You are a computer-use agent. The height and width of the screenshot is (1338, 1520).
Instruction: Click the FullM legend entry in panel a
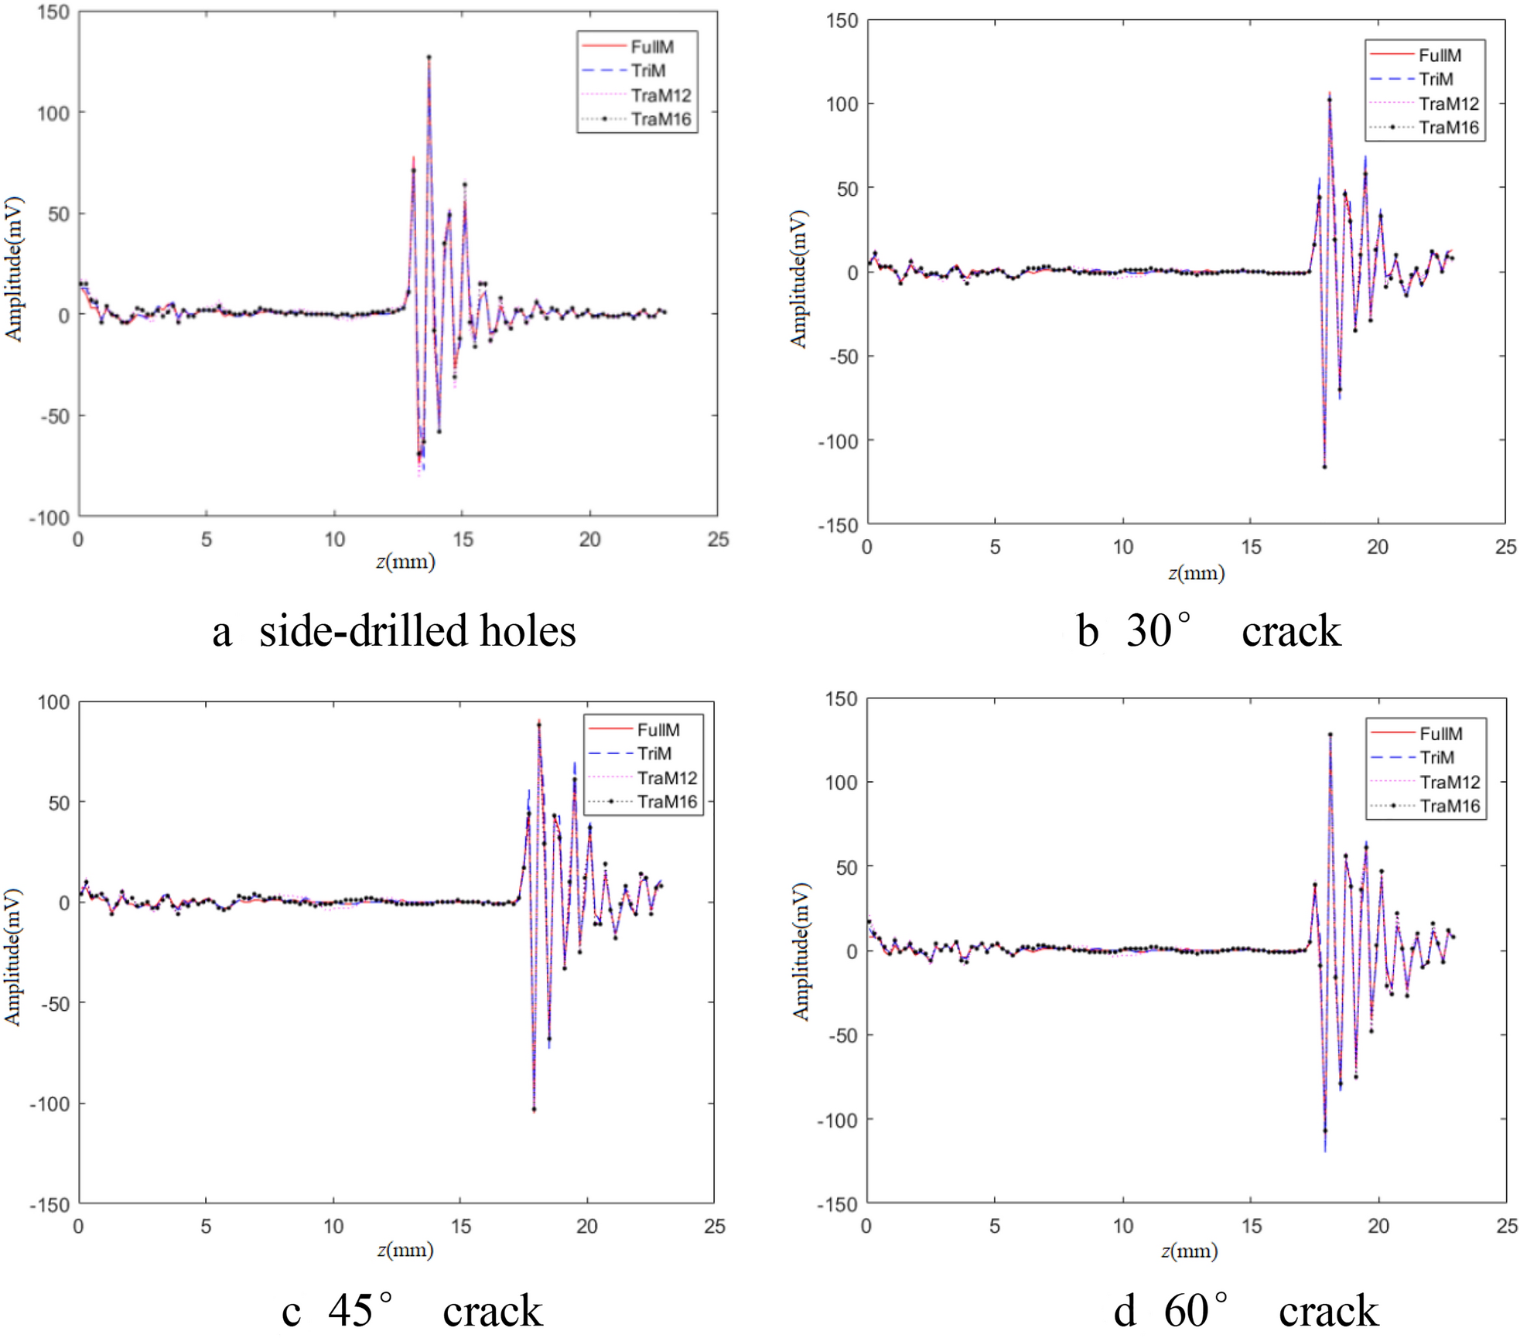(651, 47)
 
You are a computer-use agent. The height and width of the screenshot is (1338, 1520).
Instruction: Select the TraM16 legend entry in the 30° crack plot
(1448, 128)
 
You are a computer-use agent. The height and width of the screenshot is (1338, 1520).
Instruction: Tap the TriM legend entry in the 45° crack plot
(654, 753)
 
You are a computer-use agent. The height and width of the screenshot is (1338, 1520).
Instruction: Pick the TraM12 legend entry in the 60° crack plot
(1450, 782)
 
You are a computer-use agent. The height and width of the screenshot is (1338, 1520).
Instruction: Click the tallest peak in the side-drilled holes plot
(429, 57)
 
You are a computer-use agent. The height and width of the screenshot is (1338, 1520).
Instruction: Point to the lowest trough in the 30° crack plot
(1324, 466)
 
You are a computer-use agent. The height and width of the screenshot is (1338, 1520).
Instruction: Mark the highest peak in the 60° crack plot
(1330, 735)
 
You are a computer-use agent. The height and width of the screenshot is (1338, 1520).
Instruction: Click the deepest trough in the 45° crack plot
(534, 1110)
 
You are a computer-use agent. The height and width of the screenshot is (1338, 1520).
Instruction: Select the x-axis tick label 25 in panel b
(1505, 548)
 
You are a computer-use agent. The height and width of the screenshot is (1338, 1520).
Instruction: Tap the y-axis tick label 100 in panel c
(53, 702)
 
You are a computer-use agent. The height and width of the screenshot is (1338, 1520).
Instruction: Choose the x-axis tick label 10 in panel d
(1122, 1226)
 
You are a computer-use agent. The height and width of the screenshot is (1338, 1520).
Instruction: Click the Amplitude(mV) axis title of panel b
(798, 278)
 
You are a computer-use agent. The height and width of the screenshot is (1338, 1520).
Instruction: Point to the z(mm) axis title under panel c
(405, 1250)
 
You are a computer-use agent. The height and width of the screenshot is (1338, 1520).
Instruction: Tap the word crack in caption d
(1328, 1311)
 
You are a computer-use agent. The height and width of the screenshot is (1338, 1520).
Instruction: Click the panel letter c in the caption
(291, 1311)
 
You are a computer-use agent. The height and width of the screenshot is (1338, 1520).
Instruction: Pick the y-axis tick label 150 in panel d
(842, 699)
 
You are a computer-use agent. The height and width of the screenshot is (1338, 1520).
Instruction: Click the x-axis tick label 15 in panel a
(463, 540)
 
